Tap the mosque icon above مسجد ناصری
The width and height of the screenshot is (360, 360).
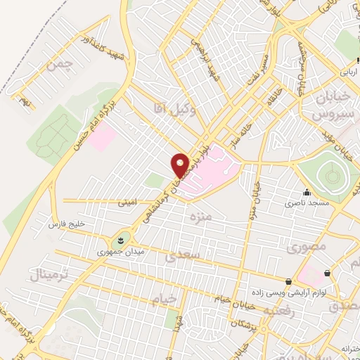click(x=307, y=193)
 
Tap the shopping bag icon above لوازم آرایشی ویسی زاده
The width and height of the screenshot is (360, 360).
click(x=289, y=281)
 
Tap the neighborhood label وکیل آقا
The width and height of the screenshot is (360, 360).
click(x=168, y=106)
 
